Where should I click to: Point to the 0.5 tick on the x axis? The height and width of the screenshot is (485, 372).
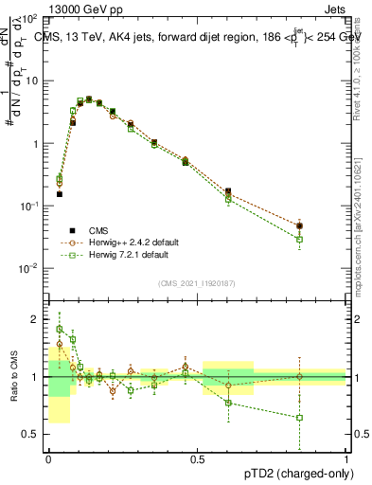197,458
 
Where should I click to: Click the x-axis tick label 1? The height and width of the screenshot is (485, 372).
345,458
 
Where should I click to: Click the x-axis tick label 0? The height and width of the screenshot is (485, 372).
48,458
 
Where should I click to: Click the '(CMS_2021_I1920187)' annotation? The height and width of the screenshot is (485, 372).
197,282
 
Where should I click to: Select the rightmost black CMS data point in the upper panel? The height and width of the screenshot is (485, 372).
299,225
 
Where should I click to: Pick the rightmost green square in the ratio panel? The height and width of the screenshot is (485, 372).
299,417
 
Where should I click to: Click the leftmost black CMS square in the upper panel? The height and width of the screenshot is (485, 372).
59,194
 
